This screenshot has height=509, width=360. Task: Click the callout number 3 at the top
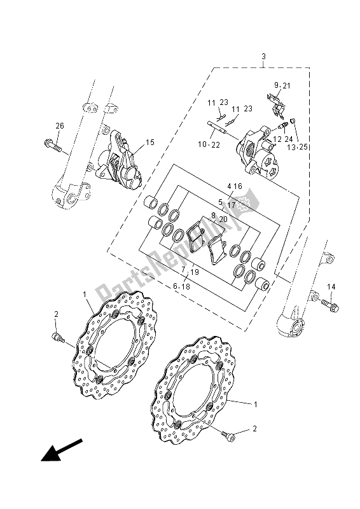click(x=263, y=57)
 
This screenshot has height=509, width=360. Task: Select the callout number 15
click(x=150, y=143)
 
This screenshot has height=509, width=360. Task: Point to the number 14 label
click(x=331, y=288)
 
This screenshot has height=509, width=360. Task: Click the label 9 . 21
click(x=282, y=85)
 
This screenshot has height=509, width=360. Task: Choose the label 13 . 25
click(x=298, y=147)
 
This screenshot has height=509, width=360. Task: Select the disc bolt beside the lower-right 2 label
click(x=230, y=436)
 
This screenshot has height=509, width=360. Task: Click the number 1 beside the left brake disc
click(x=85, y=295)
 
